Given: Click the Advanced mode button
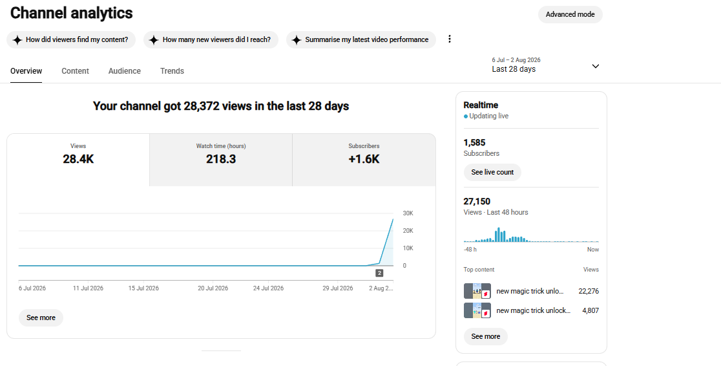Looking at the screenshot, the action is tap(570, 14).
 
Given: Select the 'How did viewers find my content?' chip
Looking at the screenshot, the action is tap(71, 39).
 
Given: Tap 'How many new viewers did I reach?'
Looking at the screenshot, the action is tap(211, 39).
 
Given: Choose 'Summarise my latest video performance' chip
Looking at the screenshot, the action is tap(361, 39).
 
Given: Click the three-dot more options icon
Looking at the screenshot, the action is tap(450, 39).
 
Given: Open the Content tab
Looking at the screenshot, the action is tap(76, 71).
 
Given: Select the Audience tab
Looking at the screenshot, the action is tap(125, 71).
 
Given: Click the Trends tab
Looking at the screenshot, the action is tap(172, 71).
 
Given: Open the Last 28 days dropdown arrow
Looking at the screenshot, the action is tap(596, 67).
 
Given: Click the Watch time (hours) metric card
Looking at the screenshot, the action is tap(221, 160).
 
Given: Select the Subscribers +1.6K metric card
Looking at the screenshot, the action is tap(364, 160).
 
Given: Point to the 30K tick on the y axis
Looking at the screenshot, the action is tap(408, 213).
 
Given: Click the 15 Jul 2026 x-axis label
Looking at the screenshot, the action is tap(143, 288).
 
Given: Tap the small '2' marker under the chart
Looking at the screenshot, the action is tap(379, 273).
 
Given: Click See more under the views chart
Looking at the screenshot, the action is tap(41, 318).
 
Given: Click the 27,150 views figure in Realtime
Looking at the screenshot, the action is tap(477, 201).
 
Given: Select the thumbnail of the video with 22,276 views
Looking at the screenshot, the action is tap(477, 291).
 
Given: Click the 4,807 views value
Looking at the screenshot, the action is tap(590, 310).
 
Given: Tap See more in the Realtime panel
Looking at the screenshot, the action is tap(486, 336).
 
